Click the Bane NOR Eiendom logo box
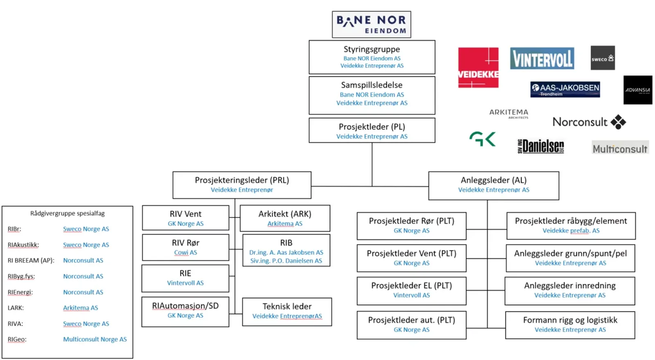(371, 25)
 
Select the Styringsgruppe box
(372, 57)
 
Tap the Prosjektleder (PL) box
(372, 131)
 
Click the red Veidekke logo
(478, 68)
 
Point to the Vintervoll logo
(542, 59)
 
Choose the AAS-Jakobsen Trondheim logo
(565, 89)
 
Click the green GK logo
(482, 139)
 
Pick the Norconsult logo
(589, 122)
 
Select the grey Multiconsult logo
(620, 148)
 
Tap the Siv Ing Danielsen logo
(541, 146)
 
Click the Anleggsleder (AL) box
(493, 186)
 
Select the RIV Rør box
(185, 247)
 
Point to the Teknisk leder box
(287, 312)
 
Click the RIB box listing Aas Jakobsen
(286, 250)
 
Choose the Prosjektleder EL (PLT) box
(411, 291)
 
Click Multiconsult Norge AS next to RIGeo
(95, 339)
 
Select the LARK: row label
(16, 308)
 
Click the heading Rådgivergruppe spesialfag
(68, 213)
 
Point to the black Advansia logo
(637, 90)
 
